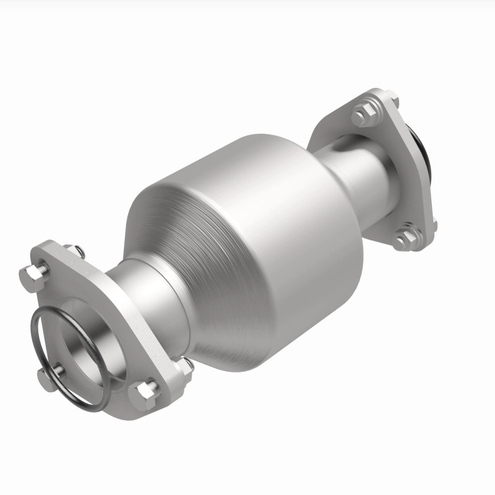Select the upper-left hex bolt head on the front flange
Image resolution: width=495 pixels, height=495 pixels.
point(35,275)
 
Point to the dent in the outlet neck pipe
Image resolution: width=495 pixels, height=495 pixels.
point(339,148)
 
